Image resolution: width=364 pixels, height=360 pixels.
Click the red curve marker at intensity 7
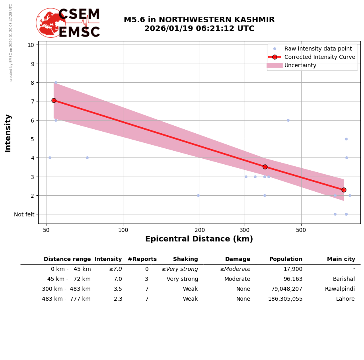pos(54,100)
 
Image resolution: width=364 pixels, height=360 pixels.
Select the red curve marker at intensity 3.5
pos(265,167)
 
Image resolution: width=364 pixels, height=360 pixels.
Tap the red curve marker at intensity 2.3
pos(344,190)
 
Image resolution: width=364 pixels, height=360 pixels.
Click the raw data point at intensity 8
pos(56,83)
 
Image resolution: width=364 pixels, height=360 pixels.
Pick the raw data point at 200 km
pos(198,195)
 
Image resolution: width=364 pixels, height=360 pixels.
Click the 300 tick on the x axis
pos(245,230)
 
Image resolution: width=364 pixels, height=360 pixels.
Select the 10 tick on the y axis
pos(31,45)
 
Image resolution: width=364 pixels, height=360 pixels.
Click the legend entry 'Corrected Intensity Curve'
pos(319,57)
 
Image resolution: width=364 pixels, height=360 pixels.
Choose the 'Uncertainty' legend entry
pos(300,65)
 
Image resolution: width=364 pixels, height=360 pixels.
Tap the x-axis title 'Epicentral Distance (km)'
pos(199,239)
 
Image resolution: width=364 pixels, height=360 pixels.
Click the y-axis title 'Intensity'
pos(8,133)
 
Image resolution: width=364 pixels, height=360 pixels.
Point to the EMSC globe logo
pos(51,23)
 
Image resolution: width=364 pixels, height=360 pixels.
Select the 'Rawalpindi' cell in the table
pos(340,289)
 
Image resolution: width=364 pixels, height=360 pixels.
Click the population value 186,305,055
pos(285,299)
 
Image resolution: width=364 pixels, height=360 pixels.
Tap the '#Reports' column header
pos(142,259)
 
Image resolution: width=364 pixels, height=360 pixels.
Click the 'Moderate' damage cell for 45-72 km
pos(237,279)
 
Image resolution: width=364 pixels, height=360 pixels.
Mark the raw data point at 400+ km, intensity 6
pos(288,120)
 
